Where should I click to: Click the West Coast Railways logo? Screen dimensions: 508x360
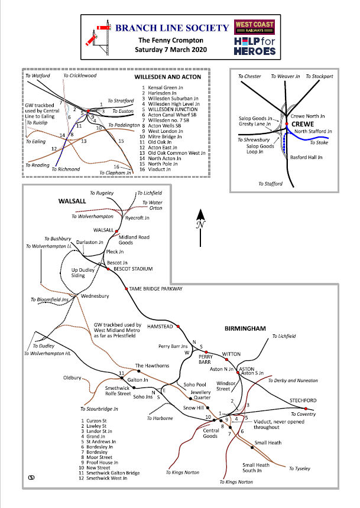click(254, 27)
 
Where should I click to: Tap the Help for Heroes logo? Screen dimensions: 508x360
click(254, 46)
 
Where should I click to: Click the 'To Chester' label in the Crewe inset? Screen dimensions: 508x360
click(249, 76)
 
